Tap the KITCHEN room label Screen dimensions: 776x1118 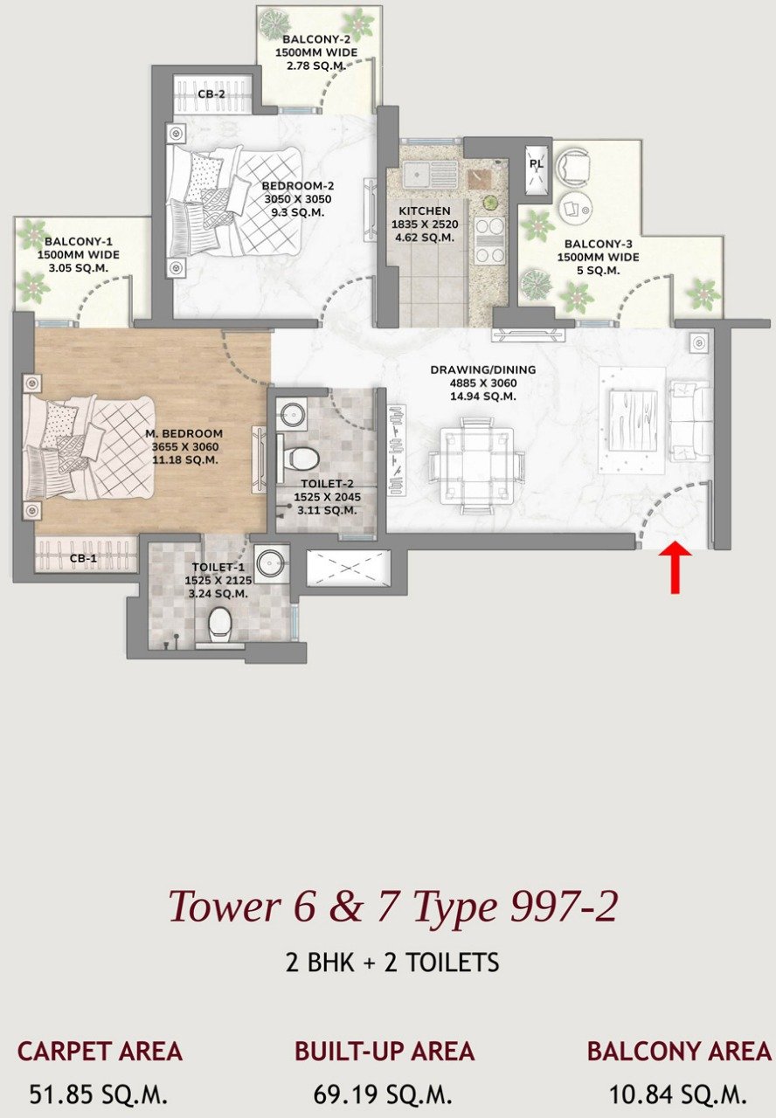coord(425,211)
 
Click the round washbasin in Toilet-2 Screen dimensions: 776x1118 coord(290,414)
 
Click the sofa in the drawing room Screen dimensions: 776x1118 coord(689,421)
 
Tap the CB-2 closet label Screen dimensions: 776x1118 coord(211,93)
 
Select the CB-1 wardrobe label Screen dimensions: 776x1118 coord(83,558)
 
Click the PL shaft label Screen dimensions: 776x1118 coord(537,163)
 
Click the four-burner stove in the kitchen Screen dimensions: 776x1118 coord(488,240)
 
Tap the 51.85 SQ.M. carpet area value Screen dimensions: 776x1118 coord(99,1094)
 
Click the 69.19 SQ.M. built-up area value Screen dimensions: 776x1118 coord(383,1094)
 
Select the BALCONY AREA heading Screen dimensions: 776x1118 coord(679,1051)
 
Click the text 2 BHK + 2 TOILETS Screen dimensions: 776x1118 coord(392,963)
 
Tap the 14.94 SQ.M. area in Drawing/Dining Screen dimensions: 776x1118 coord(483,397)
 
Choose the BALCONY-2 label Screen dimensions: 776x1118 coord(316,39)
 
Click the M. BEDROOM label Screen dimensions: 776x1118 coord(184,433)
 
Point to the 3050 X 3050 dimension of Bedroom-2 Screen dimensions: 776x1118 coord(298,199)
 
